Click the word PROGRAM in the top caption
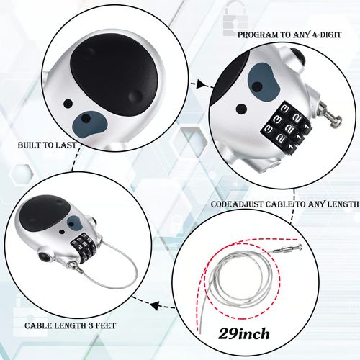tap(261, 33)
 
